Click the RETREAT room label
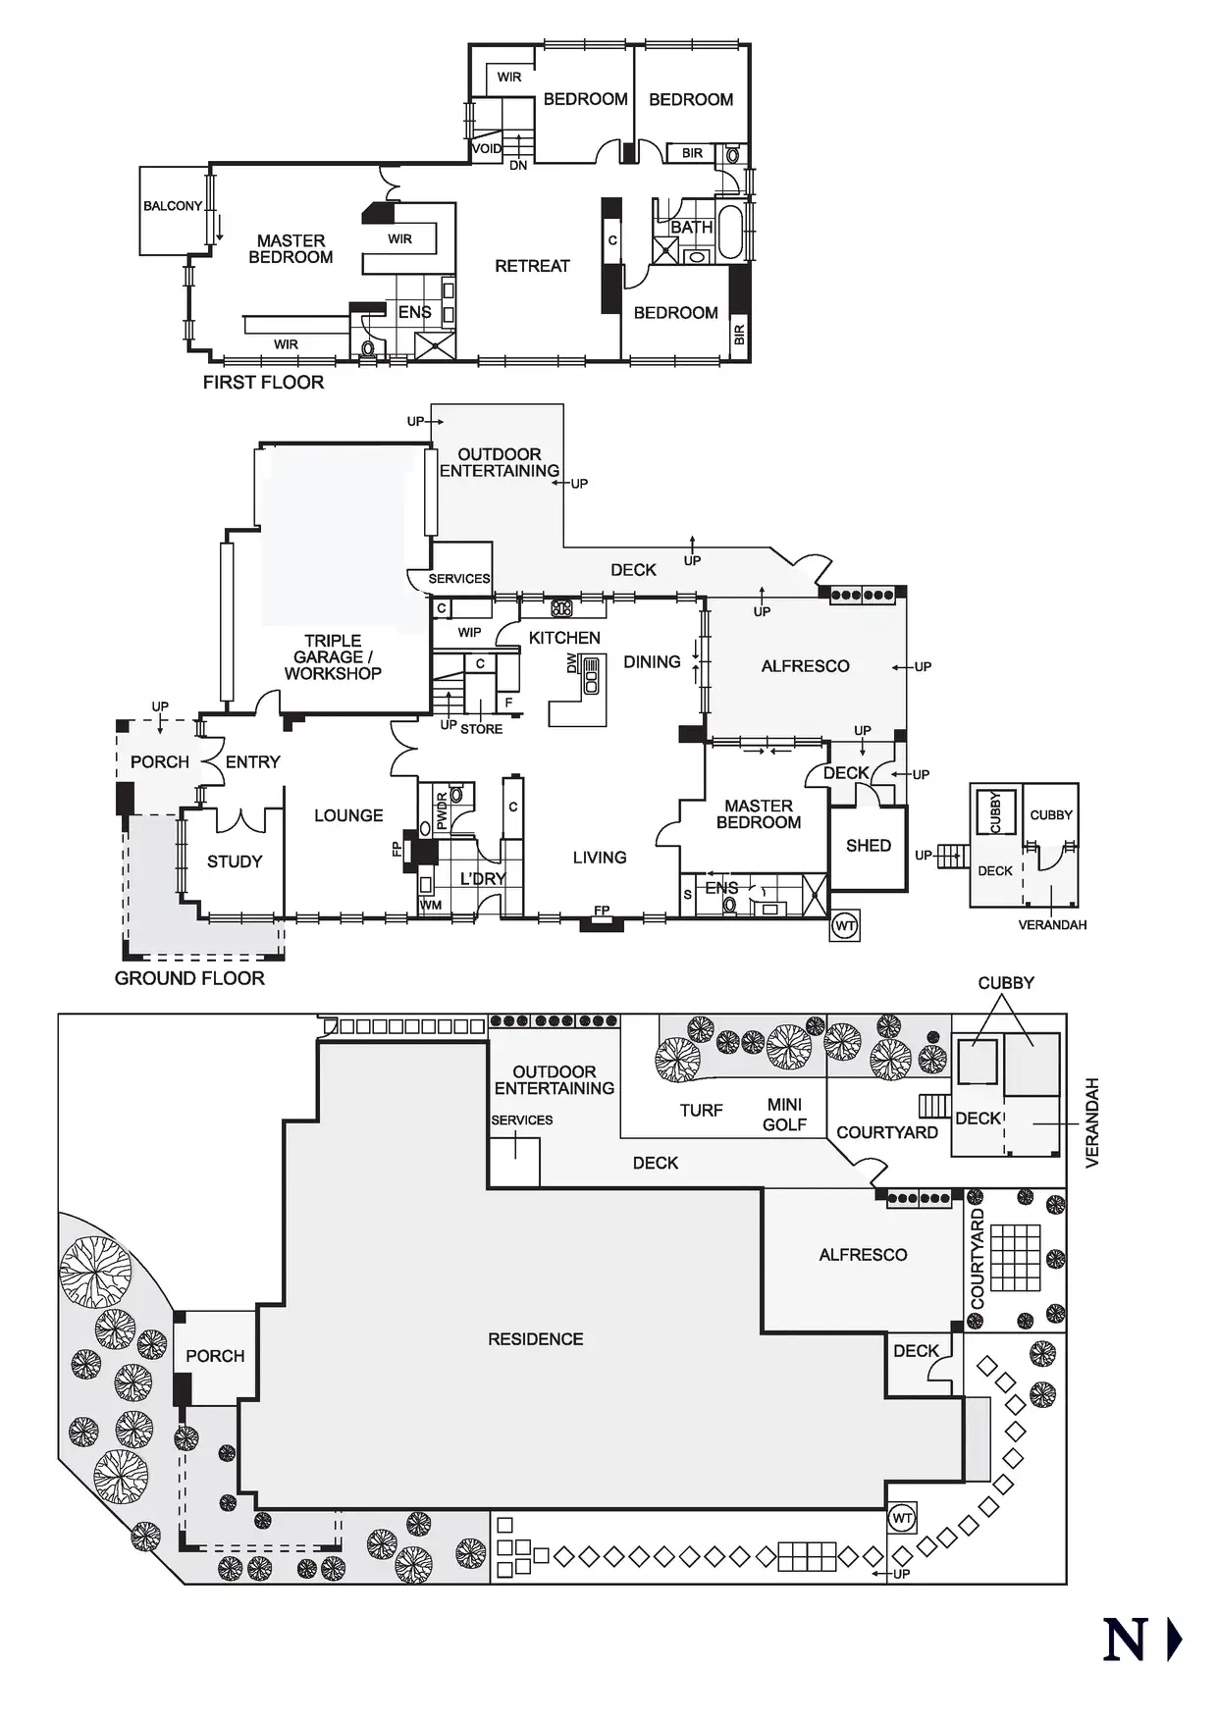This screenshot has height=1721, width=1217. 532,266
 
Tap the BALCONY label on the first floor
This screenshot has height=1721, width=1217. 173,206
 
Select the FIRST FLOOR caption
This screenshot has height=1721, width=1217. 263,383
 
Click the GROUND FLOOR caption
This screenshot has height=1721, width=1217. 189,978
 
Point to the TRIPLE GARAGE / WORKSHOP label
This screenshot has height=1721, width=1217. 333,657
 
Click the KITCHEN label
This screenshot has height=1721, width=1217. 564,638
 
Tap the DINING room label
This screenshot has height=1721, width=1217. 652,662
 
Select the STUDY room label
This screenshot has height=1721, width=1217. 235,861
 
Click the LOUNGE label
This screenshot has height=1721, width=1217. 348,815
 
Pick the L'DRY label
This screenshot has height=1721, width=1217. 482,878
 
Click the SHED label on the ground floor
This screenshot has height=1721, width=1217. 869,846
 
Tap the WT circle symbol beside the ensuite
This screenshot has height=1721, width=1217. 845,926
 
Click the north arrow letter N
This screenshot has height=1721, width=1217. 1125,1640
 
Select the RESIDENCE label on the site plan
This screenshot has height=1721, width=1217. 535,1339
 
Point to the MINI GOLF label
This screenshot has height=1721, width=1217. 784,1115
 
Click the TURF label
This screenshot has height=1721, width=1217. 701,1111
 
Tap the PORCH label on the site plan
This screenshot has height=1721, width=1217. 215,1356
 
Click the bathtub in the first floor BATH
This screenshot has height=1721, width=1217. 731,232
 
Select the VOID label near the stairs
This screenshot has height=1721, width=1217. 487,149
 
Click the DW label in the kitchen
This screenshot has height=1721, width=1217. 572,664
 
